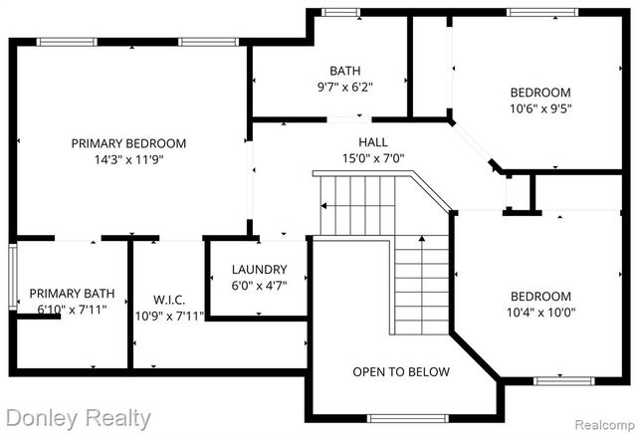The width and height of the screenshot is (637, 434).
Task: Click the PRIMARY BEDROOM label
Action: coord(128,143)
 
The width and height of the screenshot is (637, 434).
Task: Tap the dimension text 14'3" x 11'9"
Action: coord(128,159)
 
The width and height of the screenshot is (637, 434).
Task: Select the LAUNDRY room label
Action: coord(259,269)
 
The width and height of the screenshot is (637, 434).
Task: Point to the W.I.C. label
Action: coord(169,300)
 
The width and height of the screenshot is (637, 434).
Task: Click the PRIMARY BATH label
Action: coord(72,294)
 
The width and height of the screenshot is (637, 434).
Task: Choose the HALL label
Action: coord(373,142)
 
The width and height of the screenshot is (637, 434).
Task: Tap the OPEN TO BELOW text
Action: coord(401,372)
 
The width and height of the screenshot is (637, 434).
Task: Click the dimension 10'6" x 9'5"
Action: coord(541,108)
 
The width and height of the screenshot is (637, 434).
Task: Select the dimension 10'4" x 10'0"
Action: coord(541,313)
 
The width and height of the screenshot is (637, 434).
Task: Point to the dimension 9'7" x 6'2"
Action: coord(345,88)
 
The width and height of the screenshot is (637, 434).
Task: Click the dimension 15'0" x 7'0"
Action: coord(373,158)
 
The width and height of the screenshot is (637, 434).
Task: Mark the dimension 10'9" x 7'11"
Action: coord(169,317)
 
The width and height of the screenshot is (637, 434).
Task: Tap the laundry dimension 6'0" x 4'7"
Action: coord(259,286)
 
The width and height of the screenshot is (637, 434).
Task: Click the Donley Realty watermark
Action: coord(77,418)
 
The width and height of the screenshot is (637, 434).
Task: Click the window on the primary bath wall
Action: coord(13,278)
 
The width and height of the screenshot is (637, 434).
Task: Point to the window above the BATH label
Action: coord(341,12)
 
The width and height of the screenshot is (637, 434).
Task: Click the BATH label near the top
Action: coord(345,71)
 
